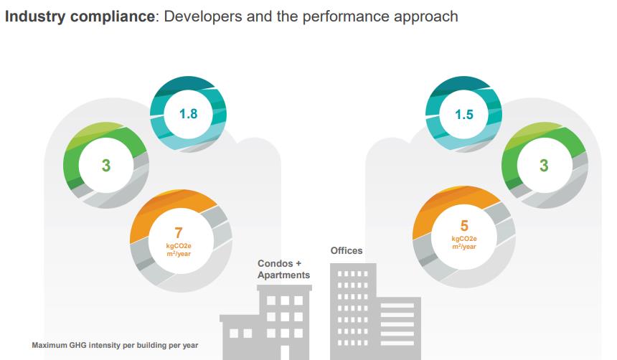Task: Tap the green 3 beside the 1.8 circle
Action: [x=105, y=166]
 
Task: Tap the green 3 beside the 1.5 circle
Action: [x=543, y=166]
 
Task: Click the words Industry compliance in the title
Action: [x=80, y=16]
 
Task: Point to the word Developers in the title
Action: [x=203, y=16]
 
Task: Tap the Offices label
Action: [x=347, y=251]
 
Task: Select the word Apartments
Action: [x=284, y=275]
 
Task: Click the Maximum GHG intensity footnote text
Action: [x=115, y=346]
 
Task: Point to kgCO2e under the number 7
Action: [x=179, y=246]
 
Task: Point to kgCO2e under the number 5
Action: [x=464, y=239]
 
